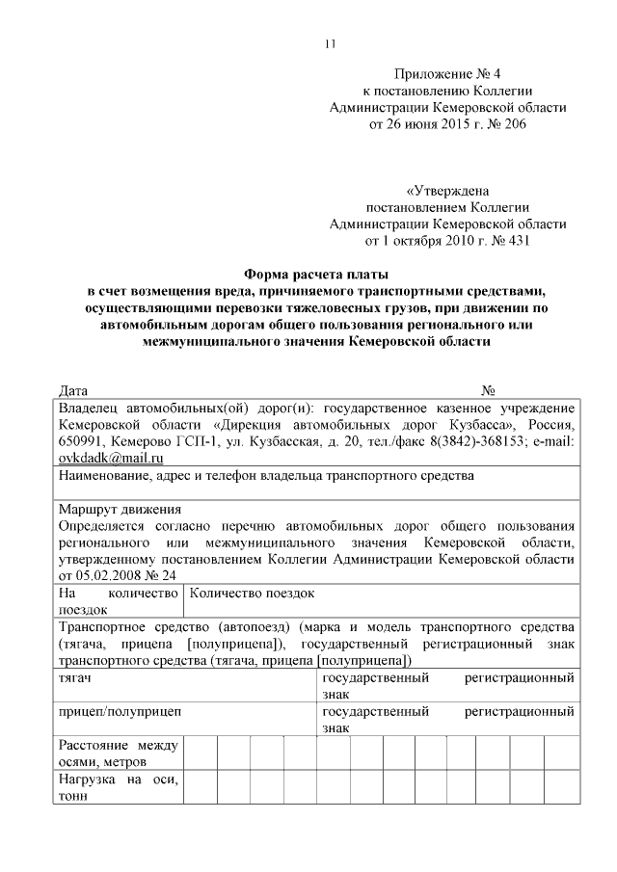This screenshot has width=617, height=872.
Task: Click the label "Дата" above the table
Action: (x=73, y=391)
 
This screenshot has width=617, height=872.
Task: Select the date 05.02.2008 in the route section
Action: (x=115, y=574)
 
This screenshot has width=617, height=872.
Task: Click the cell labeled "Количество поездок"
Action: (x=253, y=594)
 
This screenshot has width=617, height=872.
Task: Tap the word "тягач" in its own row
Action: (x=75, y=679)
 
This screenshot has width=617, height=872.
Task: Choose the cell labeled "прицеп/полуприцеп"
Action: (x=120, y=712)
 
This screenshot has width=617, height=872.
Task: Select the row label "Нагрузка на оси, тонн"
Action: (x=119, y=786)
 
